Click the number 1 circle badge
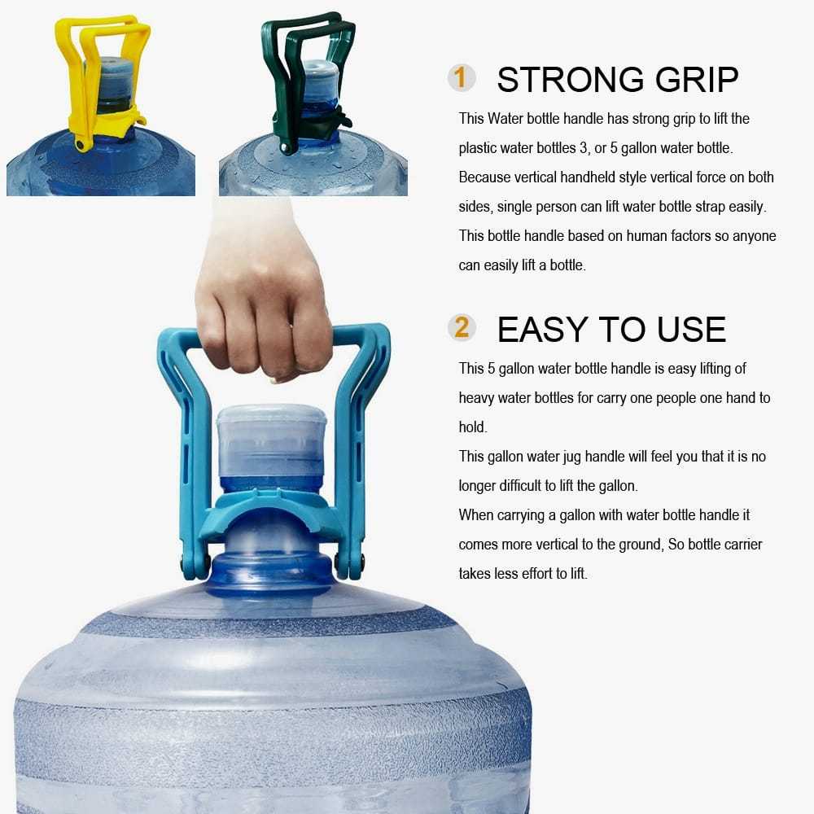point(462,78)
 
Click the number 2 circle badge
point(462,328)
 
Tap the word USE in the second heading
point(689,330)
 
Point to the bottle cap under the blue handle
point(271,444)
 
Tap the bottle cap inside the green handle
point(321,81)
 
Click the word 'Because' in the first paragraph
point(484,177)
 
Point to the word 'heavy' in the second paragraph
point(476,398)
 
